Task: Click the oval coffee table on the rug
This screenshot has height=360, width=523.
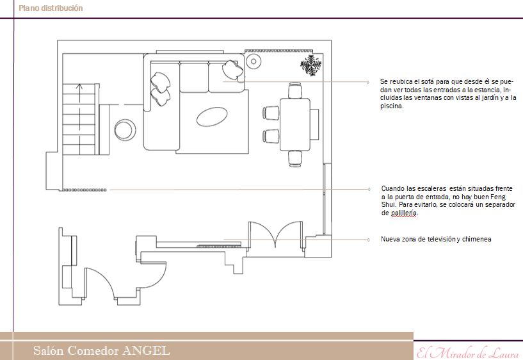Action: coord(212,117)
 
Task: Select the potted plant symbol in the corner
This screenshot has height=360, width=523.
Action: coord(311,65)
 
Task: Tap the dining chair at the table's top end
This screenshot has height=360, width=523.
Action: coord(295,90)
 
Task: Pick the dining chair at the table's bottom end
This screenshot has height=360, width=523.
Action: coord(295,158)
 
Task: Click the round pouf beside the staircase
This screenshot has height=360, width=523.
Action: coord(125,130)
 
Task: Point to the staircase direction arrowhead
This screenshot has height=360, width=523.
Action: coord(79,86)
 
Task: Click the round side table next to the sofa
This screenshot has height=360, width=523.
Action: coord(253,61)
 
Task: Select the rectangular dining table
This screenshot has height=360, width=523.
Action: coord(295,124)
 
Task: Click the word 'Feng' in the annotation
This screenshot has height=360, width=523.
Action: coord(498,197)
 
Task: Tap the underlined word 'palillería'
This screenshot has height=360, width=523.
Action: coord(404,213)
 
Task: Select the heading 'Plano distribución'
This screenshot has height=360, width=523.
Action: coord(51,8)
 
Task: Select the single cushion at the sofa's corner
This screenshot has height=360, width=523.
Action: coord(233,69)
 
